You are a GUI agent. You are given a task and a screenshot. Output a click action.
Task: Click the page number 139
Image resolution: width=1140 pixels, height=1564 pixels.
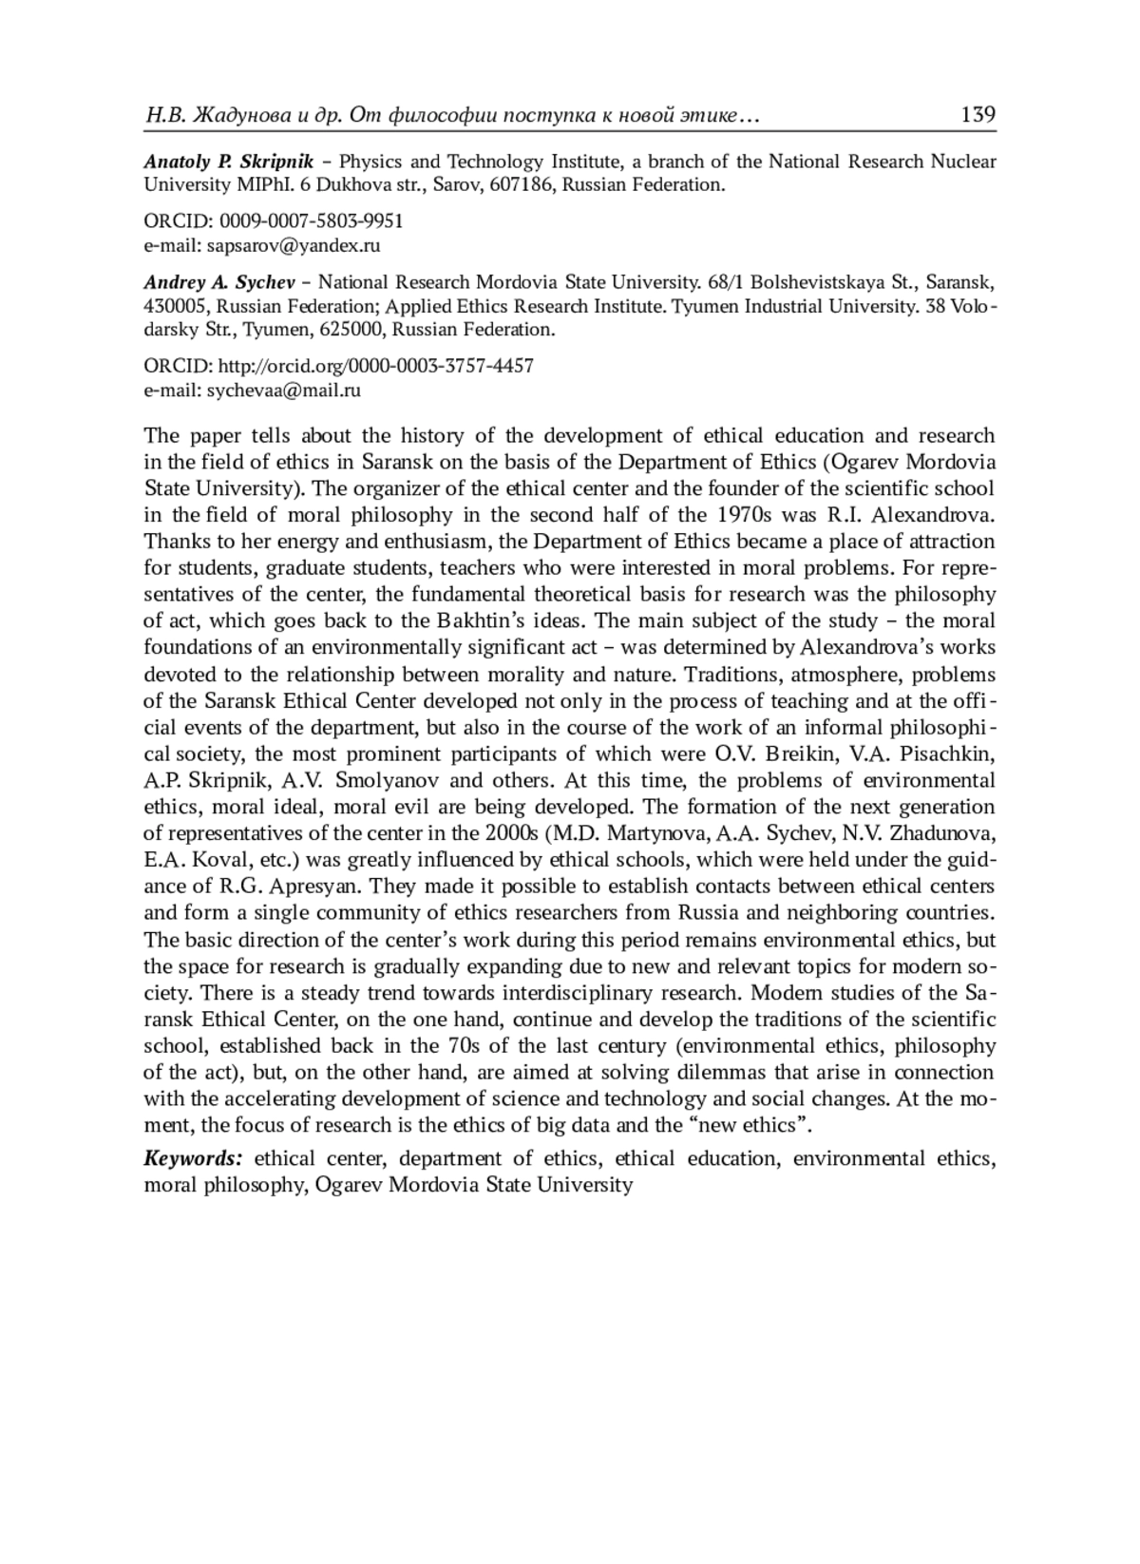(978, 115)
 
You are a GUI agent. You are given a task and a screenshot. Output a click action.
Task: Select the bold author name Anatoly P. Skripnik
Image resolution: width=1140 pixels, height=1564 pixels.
(229, 162)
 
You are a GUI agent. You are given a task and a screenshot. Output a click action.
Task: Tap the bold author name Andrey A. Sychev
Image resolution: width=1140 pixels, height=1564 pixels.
(219, 282)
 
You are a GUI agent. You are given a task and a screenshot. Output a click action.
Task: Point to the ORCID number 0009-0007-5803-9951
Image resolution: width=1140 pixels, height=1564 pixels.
(312, 221)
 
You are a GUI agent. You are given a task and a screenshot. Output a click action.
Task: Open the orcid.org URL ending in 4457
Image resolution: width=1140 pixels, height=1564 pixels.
(376, 366)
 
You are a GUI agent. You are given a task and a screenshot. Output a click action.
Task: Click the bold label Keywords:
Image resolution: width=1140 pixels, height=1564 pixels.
(194, 1158)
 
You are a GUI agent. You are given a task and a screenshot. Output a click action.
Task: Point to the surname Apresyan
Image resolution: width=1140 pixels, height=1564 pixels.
(310, 887)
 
